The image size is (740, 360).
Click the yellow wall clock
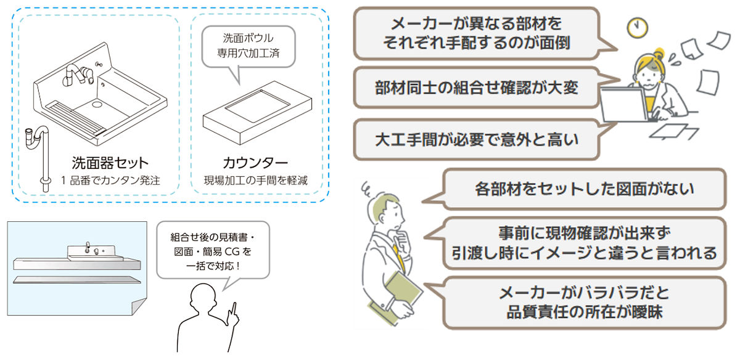tap(637, 28)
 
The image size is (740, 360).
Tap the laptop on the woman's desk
tap(624, 105)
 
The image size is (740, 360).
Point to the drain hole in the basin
tap(97, 104)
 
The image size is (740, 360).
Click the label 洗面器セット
tap(110, 163)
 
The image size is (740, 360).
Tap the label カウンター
tap(255, 163)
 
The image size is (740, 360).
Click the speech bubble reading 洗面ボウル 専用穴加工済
tap(249, 48)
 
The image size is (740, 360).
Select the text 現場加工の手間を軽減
tap(256, 181)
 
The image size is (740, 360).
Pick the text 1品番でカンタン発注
tap(110, 181)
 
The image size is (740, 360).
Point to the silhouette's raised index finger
tap(234, 309)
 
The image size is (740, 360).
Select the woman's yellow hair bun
tap(659, 53)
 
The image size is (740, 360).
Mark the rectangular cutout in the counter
tap(257, 105)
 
